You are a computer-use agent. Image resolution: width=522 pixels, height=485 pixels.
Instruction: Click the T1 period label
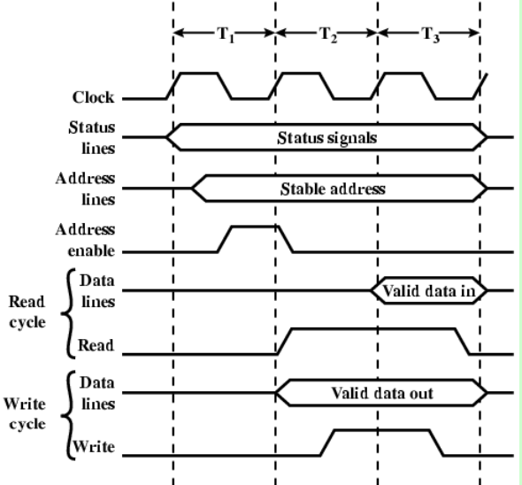click(x=226, y=35)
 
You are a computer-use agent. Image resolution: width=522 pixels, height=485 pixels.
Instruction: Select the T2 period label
click(x=328, y=35)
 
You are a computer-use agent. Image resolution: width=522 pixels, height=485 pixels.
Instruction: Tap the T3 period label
click(x=431, y=35)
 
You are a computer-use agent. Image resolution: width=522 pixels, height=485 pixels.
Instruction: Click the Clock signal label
click(x=94, y=97)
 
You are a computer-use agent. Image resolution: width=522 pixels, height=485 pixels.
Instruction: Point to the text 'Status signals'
click(x=327, y=138)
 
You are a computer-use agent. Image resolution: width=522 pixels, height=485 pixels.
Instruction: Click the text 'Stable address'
click(x=333, y=189)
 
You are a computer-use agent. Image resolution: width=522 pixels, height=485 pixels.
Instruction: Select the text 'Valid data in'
click(x=429, y=291)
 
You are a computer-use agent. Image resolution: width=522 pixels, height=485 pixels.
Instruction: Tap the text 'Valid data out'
click(x=382, y=393)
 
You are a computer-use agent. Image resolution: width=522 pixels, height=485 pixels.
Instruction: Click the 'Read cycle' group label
click(x=27, y=312)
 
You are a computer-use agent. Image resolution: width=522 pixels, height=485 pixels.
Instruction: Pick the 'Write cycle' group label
click(x=25, y=413)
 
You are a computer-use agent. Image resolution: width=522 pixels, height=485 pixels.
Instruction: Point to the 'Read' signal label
click(x=96, y=345)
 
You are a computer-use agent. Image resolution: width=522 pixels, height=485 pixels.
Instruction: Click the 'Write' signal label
click(x=94, y=447)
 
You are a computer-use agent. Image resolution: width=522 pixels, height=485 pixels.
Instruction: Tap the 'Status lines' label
click(x=92, y=137)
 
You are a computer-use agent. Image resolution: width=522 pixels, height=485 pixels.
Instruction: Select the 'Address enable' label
click(x=85, y=240)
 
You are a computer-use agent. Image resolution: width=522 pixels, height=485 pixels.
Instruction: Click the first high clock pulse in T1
click(x=199, y=73)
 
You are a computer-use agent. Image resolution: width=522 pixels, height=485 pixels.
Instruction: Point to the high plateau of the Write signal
click(x=382, y=430)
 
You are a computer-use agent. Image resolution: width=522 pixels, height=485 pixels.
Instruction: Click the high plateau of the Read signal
click(x=373, y=329)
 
